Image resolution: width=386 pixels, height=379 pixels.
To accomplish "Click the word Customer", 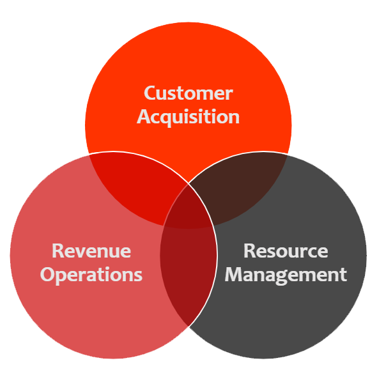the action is pos(188,93).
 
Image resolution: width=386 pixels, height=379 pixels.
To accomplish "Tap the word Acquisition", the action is pos(188,117).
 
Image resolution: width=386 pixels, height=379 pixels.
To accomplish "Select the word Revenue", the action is pos(91,251).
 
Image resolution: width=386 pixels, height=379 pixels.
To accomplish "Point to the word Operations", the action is pos(91,275).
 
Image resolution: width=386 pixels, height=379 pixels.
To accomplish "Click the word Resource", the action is pos(285,251).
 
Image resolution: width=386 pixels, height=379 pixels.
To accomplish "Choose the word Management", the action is pos(285,275).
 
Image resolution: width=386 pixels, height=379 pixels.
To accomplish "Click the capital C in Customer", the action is pos(151,93).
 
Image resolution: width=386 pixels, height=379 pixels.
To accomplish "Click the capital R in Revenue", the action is pos(58,251).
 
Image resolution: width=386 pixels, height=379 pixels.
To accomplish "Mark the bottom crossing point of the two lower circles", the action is pos(189,327).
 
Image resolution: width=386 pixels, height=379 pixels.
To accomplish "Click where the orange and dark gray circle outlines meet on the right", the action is pos(286,153).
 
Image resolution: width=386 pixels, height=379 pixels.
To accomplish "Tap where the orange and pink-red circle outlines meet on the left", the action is pos(89,154).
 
